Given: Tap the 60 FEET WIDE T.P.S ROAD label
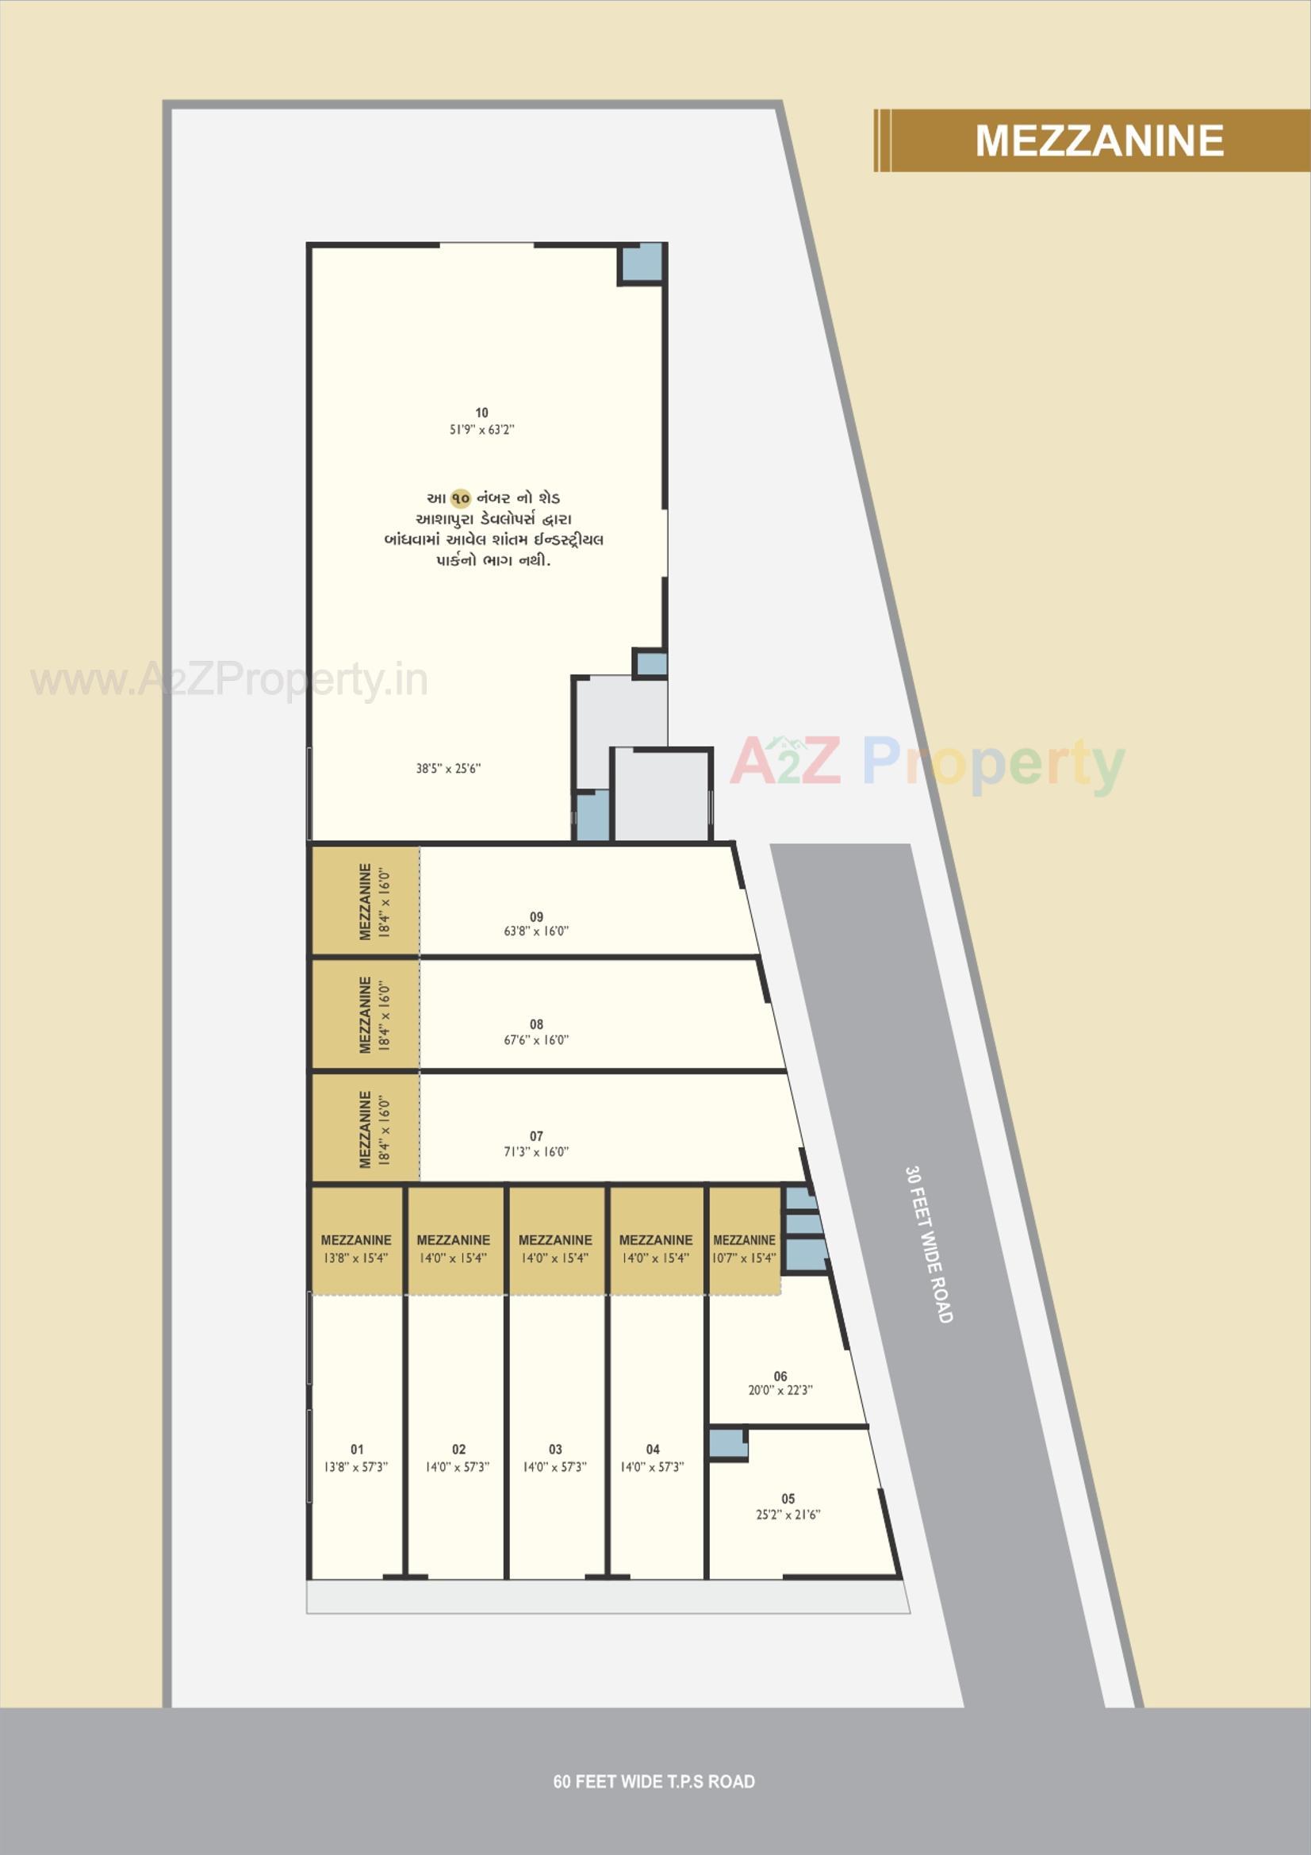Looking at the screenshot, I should pyautogui.click(x=654, y=1781).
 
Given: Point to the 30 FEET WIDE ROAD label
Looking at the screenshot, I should pyautogui.click(x=929, y=1244).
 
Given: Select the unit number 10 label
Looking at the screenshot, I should pyautogui.click(x=481, y=413).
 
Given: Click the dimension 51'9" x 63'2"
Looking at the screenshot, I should pyautogui.click(x=481, y=430).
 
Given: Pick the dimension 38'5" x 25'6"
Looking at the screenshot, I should pyautogui.click(x=448, y=768).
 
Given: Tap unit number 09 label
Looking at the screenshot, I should pyautogui.click(x=536, y=916).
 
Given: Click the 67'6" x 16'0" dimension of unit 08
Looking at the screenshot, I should pyautogui.click(x=536, y=1040).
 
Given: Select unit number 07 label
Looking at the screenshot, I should pyautogui.click(x=536, y=1136).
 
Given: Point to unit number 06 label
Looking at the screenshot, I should pyautogui.click(x=780, y=1376).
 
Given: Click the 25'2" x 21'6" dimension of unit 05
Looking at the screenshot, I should pyautogui.click(x=788, y=1514).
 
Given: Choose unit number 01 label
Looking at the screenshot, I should pyautogui.click(x=357, y=1450).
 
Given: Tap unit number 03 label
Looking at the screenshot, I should pyautogui.click(x=555, y=1450).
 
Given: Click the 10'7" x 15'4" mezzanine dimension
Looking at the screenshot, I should pyautogui.click(x=744, y=1258).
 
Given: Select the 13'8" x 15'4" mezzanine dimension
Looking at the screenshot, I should pyautogui.click(x=355, y=1258).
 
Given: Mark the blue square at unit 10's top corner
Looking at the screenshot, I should pyautogui.click(x=642, y=263).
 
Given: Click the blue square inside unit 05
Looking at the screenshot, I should pyautogui.click(x=727, y=1443).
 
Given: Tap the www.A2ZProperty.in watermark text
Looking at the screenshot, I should pyautogui.click(x=229, y=680).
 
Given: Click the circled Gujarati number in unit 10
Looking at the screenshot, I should pyautogui.click(x=461, y=498).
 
